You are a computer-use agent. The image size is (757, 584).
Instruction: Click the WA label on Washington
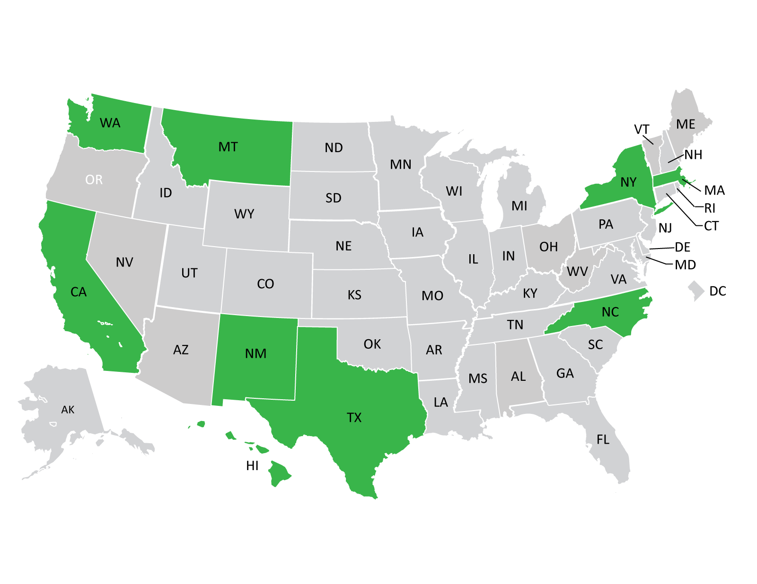coord(110,123)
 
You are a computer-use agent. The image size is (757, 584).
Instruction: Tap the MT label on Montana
coord(228,147)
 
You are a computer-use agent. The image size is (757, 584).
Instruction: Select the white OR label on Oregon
coord(94,180)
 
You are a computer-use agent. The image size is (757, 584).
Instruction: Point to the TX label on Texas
coord(354,418)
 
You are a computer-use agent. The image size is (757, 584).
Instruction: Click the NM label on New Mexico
coord(255,354)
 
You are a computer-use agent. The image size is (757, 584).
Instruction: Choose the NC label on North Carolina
coord(610,312)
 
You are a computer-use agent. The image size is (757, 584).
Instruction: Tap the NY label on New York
coord(628,182)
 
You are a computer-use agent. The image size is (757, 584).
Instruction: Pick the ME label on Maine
coord(686,124)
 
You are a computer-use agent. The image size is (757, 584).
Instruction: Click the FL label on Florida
coord(603,440)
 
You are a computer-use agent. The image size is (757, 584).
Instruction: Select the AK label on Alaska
coord(68,410)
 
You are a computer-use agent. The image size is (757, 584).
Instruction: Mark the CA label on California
coord(79,292)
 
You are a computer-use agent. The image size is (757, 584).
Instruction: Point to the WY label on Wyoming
coord(244,214)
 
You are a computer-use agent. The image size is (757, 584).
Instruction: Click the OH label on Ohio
coord(548,247)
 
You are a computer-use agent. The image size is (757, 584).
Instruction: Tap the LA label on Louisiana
coord(440,403)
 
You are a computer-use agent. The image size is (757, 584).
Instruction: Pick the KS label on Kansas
coord(354,295)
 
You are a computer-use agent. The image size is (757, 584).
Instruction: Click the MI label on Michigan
coord(519,206)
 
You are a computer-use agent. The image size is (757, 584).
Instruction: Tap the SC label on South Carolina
coord(595,345)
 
